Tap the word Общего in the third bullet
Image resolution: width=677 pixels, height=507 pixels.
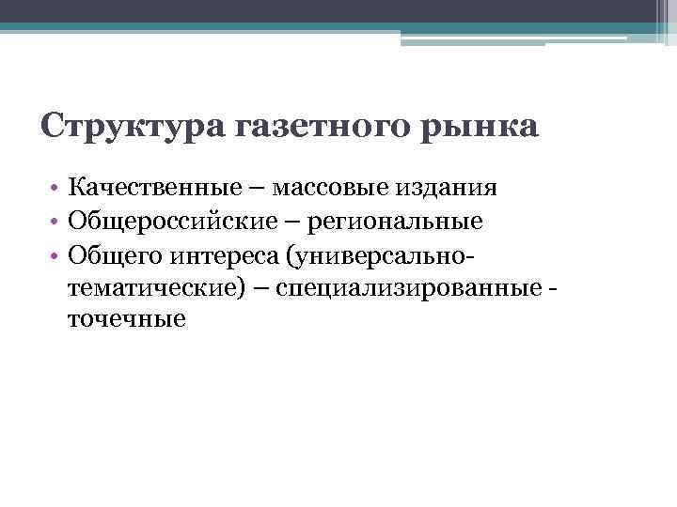(x=109, y=254)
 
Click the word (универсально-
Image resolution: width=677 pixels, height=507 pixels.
(x=365, y=254)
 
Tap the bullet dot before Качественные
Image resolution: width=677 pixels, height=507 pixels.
(x=56, y=189)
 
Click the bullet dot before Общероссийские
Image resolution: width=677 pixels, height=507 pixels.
(x=56, y=222)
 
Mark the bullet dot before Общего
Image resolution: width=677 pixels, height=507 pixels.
(x=56, y=254)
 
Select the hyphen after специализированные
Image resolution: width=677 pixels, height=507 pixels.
(x=550, y=288)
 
